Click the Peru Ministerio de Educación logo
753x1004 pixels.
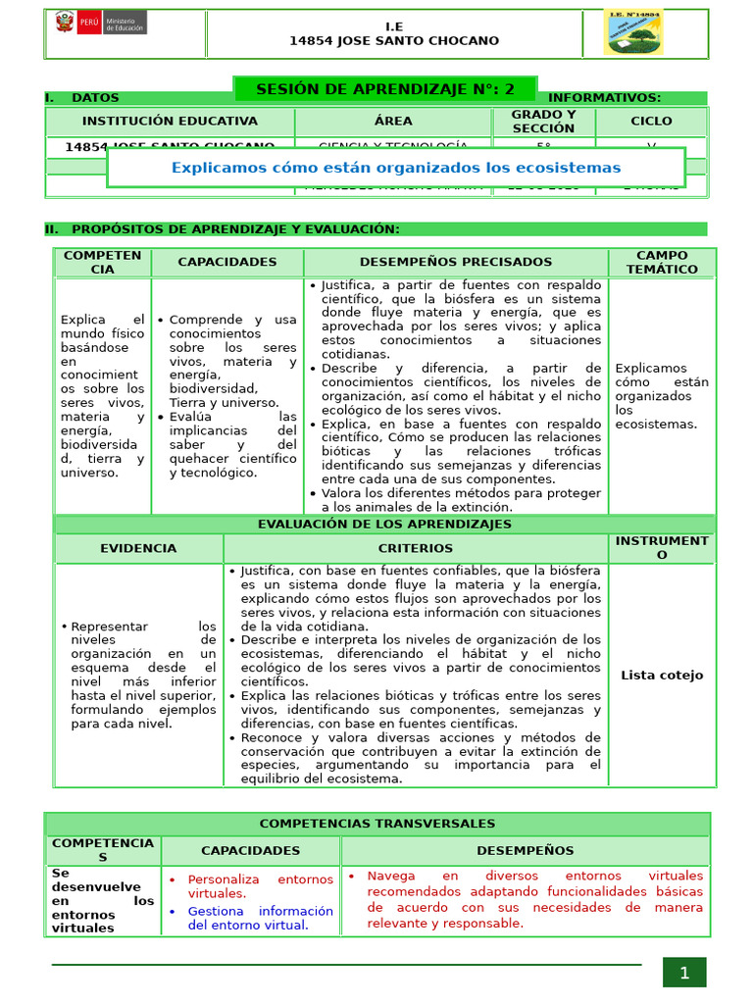pyautogui.click(x=100, y=24)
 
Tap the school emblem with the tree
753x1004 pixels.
pyautogui.click(x=632, y=33)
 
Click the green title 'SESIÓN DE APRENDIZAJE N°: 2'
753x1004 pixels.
pyautogui.click(x=384, y=89)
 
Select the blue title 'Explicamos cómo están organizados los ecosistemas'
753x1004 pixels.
pyautogui.click(x=396, y=168)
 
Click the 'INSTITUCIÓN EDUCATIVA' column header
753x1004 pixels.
pyautogui.click(x=170, y=122)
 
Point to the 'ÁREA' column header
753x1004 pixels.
pyautogui.click(x=393, y=122)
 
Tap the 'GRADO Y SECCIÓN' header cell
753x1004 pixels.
pyautogui.click(x=543, y=122)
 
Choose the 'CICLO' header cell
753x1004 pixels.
pyautogui.click(x=651, y=122)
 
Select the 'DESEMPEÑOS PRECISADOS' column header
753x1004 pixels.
pyautogui.click(x=455, y=263)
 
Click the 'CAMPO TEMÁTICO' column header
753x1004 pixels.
pyautogui.click(x=662, y=262)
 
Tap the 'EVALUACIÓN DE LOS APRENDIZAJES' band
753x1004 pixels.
pyautogui.click(x=384, y=525)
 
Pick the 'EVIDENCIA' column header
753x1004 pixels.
pyautogui.click(x=138, y=549)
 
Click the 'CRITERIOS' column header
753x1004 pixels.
pyautogui.click(x=416, y=549)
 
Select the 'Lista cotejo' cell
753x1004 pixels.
pyautogui.click(x=662, y=675)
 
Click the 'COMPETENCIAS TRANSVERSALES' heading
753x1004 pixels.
pyautogui.click(x=377, y=825)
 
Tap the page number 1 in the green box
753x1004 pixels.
pyautogui.click(x=684, y=973)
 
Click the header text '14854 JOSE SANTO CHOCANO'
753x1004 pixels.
pyautogui.click(x=394, y=41)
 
